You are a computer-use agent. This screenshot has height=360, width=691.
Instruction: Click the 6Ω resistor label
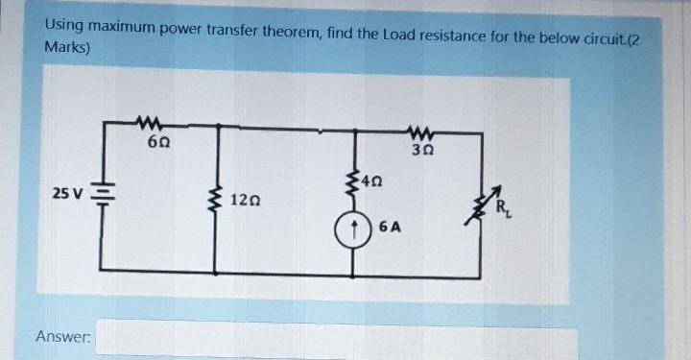tap(159, 142)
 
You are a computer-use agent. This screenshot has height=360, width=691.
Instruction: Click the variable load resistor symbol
tap(483, 204)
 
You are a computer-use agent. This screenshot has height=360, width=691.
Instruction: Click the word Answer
tap(63, 337)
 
